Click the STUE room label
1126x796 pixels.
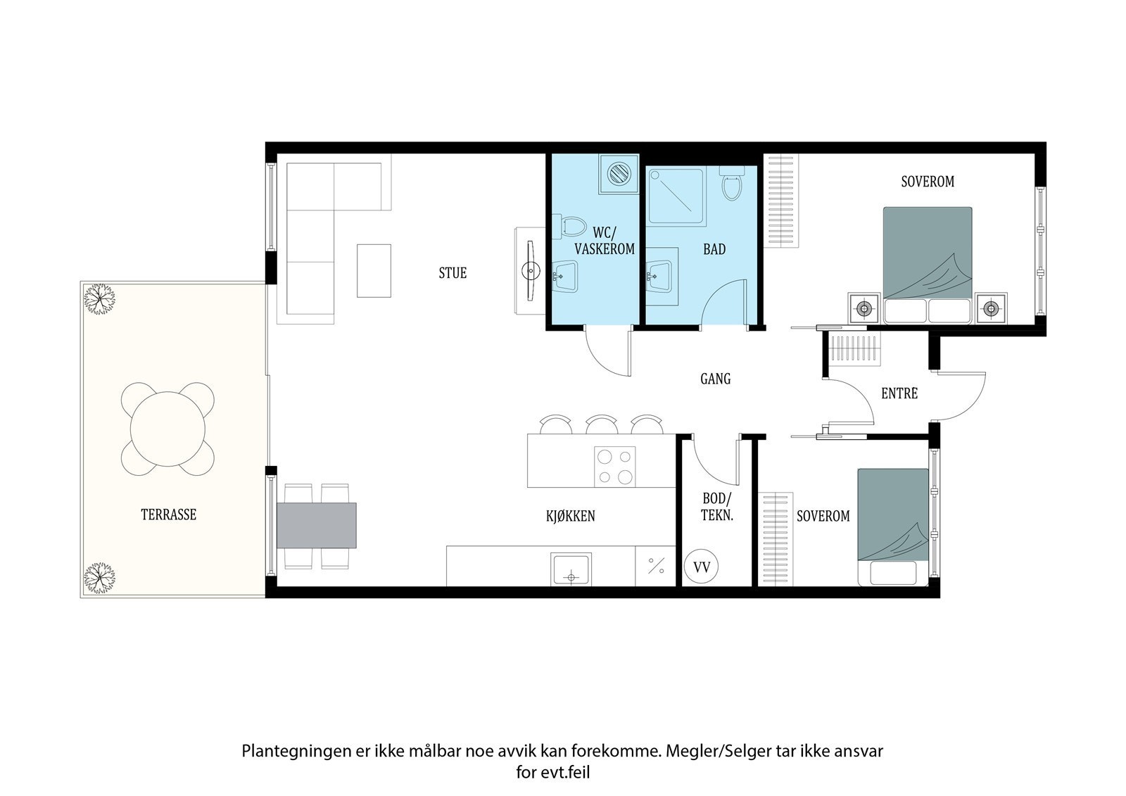coord(453,273)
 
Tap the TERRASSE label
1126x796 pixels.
coord(168,514)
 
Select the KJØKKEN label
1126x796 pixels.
coord(570,516)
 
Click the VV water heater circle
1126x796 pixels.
coord(702,567)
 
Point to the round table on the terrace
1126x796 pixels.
coord(167,428)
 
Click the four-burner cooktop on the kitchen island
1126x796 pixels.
coord(615,466)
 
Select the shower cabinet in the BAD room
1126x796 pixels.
coord(676,198)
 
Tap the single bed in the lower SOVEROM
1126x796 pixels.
coord(892,526)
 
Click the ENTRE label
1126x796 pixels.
coord(899,393)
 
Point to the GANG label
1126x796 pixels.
coord(715,379)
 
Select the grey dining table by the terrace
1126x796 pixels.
coord(317,525)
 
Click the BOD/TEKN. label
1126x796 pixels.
coord(717,507)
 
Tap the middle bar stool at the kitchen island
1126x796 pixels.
coord(600,424)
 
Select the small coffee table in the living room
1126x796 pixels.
coord(374,270)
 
